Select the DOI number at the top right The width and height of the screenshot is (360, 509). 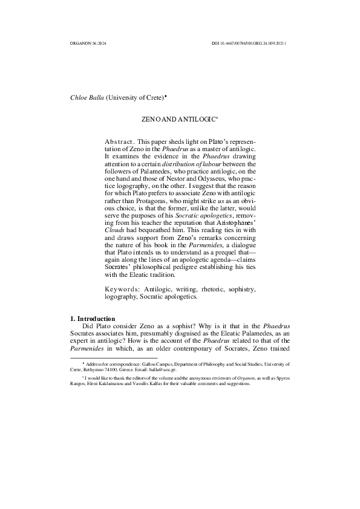(248, 44)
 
